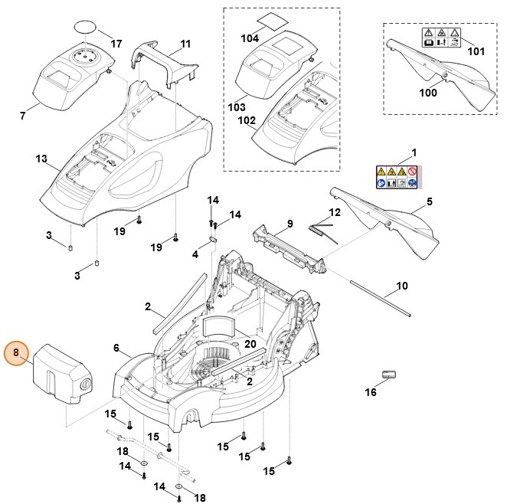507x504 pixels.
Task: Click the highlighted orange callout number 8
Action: (16, 354)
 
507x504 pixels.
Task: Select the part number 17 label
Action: (116, 44)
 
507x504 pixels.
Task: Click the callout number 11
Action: (185, 44)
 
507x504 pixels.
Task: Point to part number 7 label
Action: (22, 116)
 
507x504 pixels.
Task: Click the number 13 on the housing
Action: (41, 159)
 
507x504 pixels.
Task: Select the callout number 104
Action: (250, 37)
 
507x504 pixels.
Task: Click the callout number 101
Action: (476, 52)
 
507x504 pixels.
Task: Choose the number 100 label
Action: (429, 93)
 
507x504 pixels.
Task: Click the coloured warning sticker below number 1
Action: (397, 177)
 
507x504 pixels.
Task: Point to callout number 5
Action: (430, 201)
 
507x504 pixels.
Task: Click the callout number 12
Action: (335, 212)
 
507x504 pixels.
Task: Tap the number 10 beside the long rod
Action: (402, 289)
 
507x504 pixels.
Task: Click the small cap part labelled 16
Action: (391, 374)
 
